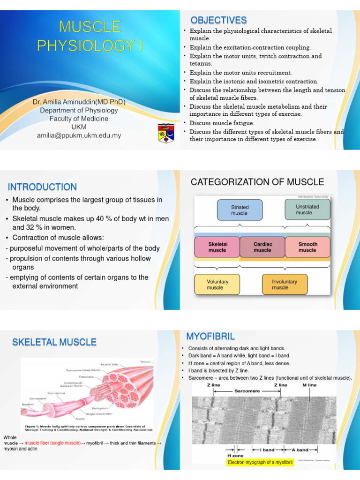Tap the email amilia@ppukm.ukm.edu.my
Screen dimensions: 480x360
tap(79, 135)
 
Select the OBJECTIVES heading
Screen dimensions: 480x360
tap(218, 20)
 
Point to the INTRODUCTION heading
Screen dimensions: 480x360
tap(42, 187)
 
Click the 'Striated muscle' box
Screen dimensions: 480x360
tap(240, 210)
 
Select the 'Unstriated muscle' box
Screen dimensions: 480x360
tap(307, 210)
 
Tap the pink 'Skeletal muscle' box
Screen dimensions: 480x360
tap(217, 247)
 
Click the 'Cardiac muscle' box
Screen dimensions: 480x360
tap(262, 247)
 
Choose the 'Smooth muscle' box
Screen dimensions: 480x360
tap(307, 247)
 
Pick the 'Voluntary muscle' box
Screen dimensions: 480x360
tap(217, 285)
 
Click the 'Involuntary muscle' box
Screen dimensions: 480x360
tap(285, 285)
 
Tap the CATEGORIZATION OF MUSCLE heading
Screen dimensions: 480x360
tap(257, 182)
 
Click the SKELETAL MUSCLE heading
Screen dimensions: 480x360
tap(54, 342)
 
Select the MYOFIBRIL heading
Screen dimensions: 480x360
tap(210, 336)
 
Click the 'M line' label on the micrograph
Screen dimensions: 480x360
tap(309, 385)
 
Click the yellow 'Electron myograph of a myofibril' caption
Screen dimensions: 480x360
tap(260, 463)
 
